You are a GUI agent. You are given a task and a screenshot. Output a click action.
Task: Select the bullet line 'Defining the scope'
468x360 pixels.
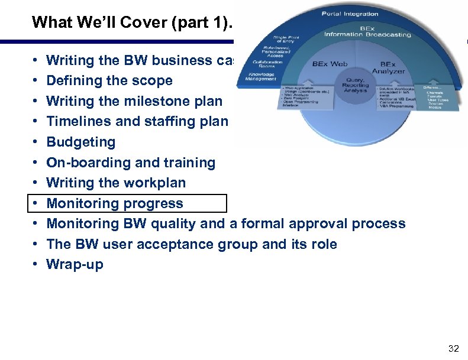(x=109, y=80)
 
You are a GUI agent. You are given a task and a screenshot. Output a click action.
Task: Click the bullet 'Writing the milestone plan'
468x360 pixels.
(x=134, y=101)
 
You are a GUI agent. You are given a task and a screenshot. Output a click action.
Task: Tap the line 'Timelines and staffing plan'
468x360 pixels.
(x=137, y=122)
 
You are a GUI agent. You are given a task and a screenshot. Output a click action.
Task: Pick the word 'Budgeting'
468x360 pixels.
(x=81, y=142)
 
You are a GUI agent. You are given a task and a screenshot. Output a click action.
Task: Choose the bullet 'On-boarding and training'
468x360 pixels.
(x=131, y=163)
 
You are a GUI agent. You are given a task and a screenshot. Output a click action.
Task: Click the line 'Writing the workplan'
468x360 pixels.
(x=116, y=183)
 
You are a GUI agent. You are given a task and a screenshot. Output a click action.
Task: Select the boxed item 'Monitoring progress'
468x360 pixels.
(x=115, y=203)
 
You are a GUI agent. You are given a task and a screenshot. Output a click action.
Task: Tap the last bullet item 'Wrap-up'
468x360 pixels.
(x=75, y=264)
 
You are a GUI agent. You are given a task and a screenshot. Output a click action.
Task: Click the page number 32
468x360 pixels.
(x=453, y=349)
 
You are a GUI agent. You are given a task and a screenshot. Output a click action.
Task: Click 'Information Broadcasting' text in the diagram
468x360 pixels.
(x=367, y=34)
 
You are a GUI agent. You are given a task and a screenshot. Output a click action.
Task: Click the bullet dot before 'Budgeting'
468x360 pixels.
(x=36, y=142)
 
